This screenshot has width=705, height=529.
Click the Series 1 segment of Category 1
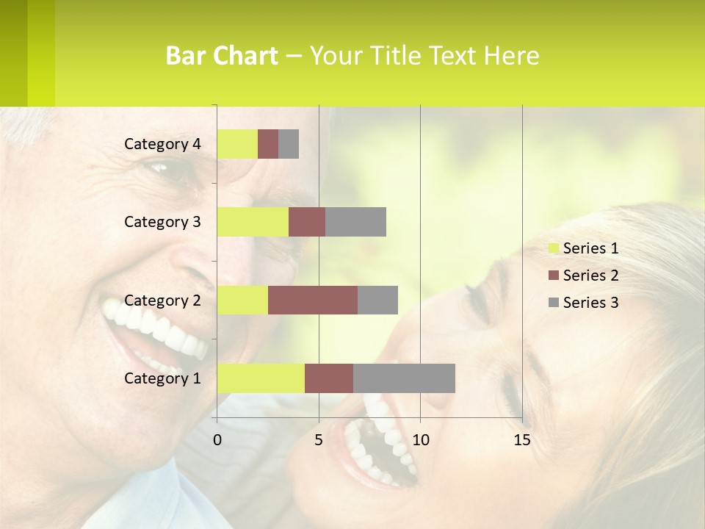pos(261,378)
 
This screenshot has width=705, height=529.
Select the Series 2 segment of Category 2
pos(313,300)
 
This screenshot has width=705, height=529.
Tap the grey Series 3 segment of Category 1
pos(404,378)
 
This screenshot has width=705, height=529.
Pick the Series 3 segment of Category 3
pos(355,222)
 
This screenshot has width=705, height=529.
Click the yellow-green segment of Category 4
pos(237,144)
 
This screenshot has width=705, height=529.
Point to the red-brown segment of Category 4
pos(268,144)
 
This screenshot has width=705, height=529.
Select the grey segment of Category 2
pos(377,300)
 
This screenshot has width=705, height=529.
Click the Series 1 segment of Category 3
pos(253,222)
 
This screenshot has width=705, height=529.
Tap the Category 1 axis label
pos(162,378)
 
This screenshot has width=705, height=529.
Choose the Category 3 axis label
pos(162,222)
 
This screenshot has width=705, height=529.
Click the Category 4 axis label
pos(162,144)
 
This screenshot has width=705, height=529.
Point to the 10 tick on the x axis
pos(420,440)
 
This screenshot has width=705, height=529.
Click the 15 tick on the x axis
pos(521,440)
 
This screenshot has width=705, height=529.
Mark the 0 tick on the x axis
pos(217,440)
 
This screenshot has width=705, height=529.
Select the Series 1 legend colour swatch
pos(553,248)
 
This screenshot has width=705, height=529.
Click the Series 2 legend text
pos(590,276)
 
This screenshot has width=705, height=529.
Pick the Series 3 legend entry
pos(584,303)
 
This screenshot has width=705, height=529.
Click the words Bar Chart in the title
pos(222,56)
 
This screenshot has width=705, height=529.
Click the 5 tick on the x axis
pos(319,440)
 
